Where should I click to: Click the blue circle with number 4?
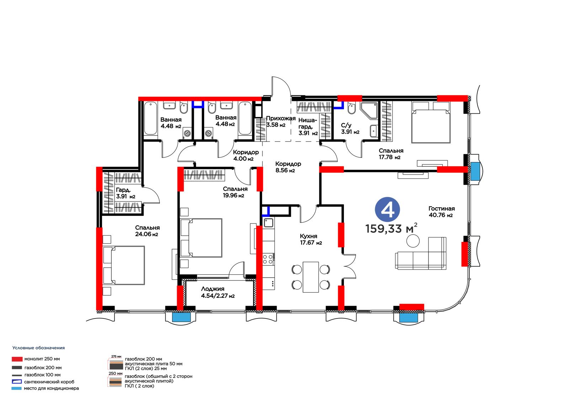click(387, 209)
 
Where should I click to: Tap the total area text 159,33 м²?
click(391, 228)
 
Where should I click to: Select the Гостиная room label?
click(441, 209)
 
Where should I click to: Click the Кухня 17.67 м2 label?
click(311, 239)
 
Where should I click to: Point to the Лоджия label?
click(213, 289)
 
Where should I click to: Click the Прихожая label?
click(281, 118)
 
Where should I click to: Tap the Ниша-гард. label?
click(308, 123)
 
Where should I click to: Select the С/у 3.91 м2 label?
click(350, 129)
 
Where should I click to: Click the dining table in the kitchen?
click(310, 277)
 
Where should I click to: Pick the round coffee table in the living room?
click(413, 241)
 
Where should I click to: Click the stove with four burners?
click(268, 259)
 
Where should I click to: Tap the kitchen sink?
click(268, 223)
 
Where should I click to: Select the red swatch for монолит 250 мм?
click(17, 359)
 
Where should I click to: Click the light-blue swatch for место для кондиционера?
click(16, 388)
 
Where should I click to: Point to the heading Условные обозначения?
click(39, 348)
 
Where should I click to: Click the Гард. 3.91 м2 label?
click(126, 193)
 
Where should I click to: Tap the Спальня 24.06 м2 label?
click(147, 231)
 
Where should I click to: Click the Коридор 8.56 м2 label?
click(288, 167)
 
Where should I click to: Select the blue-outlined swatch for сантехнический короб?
click(16, 381)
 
